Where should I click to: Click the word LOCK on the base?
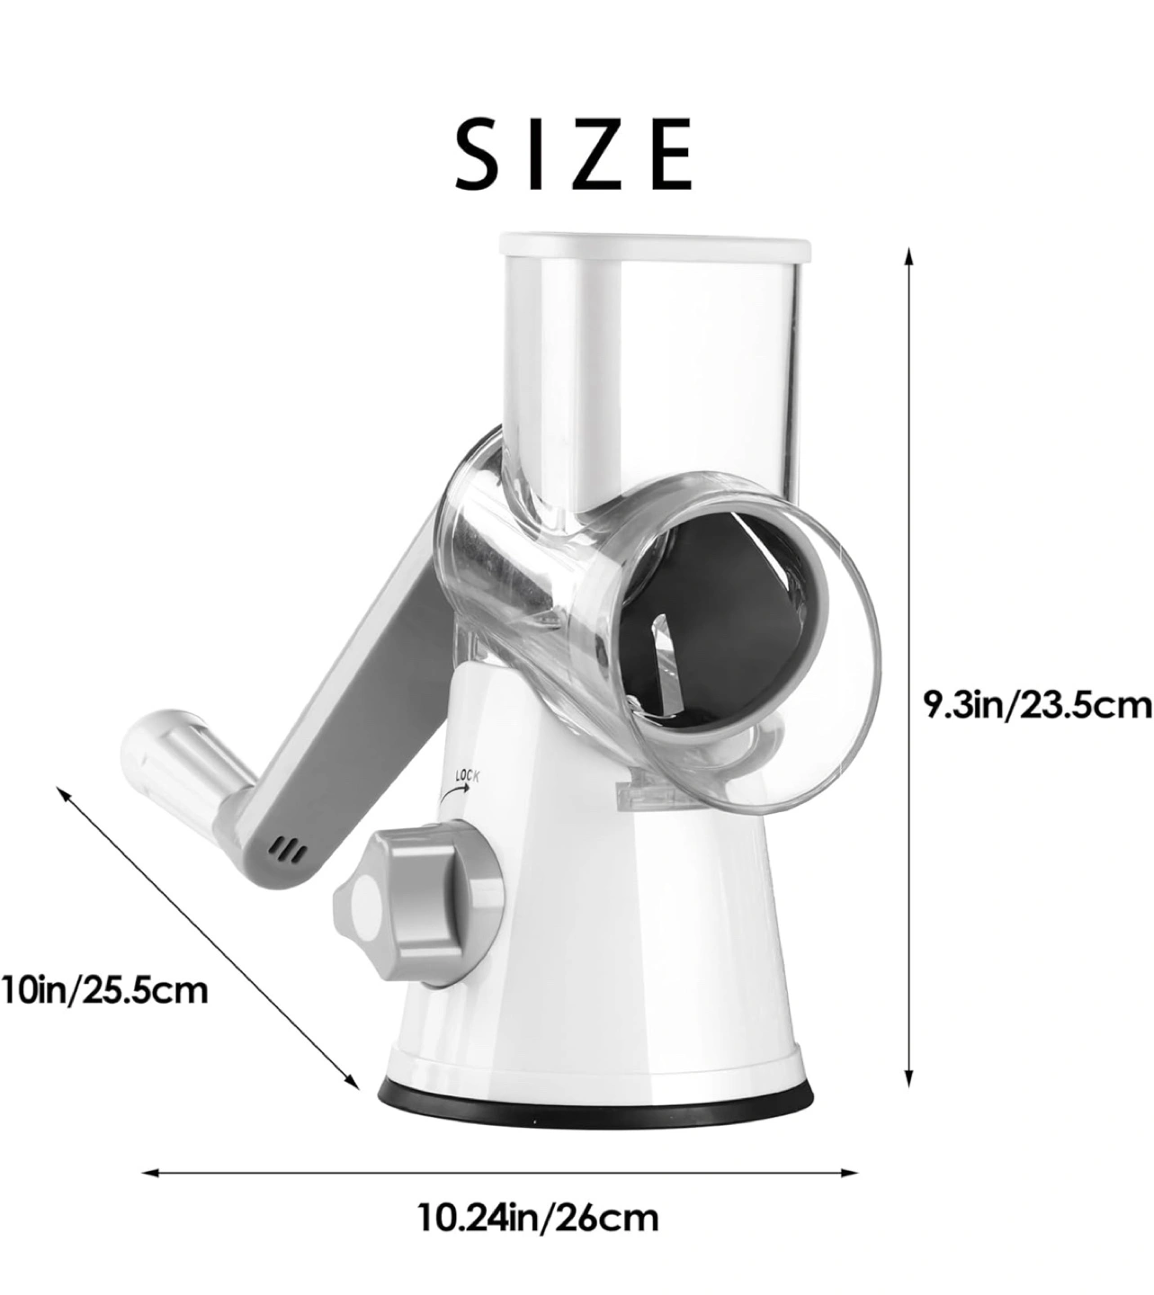point(468,774)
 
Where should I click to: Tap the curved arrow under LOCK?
point(454,792)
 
